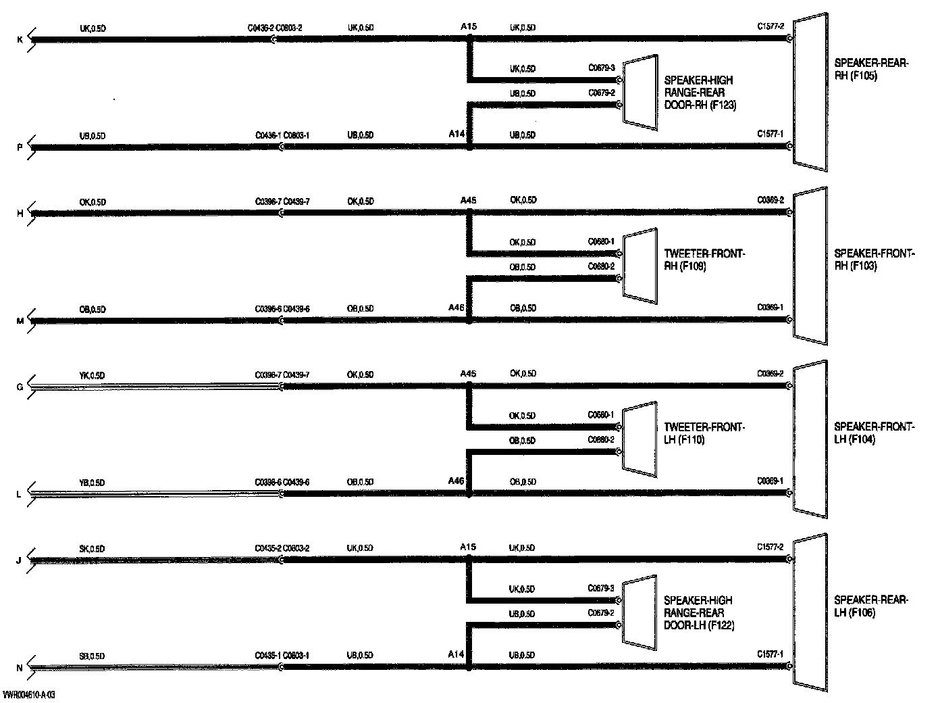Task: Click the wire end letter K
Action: click(x=20, y=40)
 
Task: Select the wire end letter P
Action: click(x=20, y=147)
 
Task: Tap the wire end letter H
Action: click(x=20, y=214)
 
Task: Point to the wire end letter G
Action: click(x=20, y=387)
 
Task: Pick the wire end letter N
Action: click(x=20, y=668)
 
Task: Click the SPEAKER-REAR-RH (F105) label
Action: click(x=871, y=70)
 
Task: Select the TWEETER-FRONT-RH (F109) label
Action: click(x=704, y=260)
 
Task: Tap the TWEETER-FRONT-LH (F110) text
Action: click(x=704, y=433)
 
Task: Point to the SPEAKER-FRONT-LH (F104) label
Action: click(x=874, y=433)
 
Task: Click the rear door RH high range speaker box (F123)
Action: click(x=639, y=92)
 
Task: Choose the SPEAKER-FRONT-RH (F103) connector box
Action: click(x=810, y=266)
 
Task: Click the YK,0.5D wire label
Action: click(x=92, y=375)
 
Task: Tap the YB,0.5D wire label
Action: click(x=92, y=483)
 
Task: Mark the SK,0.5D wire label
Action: click(x=92, y=549)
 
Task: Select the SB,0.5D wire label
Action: click(x=92, y=656)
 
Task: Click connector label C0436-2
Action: click(x=261, y=28)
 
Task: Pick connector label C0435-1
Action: click(x=267, y=656)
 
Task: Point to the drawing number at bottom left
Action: click(x=28, y=695)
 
